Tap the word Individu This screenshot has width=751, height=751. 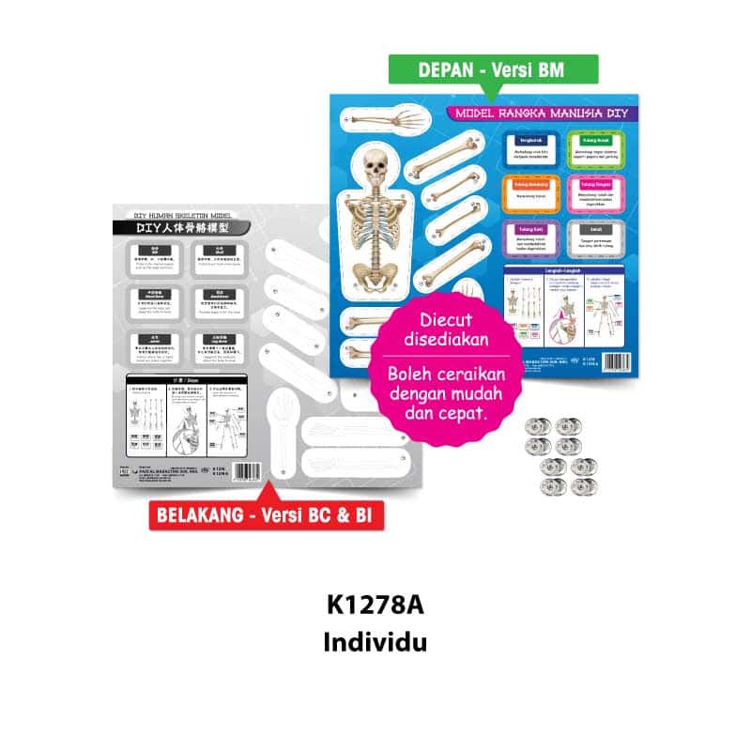pos(375,644)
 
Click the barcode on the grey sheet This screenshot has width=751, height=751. pos(246,470)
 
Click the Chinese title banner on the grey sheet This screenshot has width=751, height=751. pos(170,226)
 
